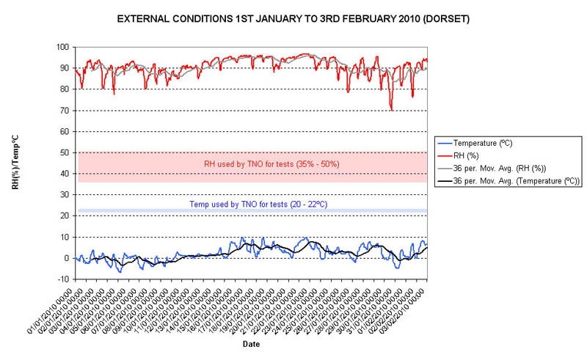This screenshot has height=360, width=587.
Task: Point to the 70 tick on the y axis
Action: [x=64, y=111]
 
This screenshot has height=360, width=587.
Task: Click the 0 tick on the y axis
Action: [x=66, y=258]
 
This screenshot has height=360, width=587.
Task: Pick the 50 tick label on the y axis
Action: [x=64, y=153]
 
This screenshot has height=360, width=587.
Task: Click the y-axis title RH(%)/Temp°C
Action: [x=15, y=163]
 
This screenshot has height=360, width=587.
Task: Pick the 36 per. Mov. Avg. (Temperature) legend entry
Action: [x=516, y=180]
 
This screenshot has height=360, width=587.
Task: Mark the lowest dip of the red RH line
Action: [x=392, y=110]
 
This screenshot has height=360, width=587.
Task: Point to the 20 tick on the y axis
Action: [x=64, y=216]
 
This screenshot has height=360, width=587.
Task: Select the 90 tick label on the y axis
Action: [x=64, y=68]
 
